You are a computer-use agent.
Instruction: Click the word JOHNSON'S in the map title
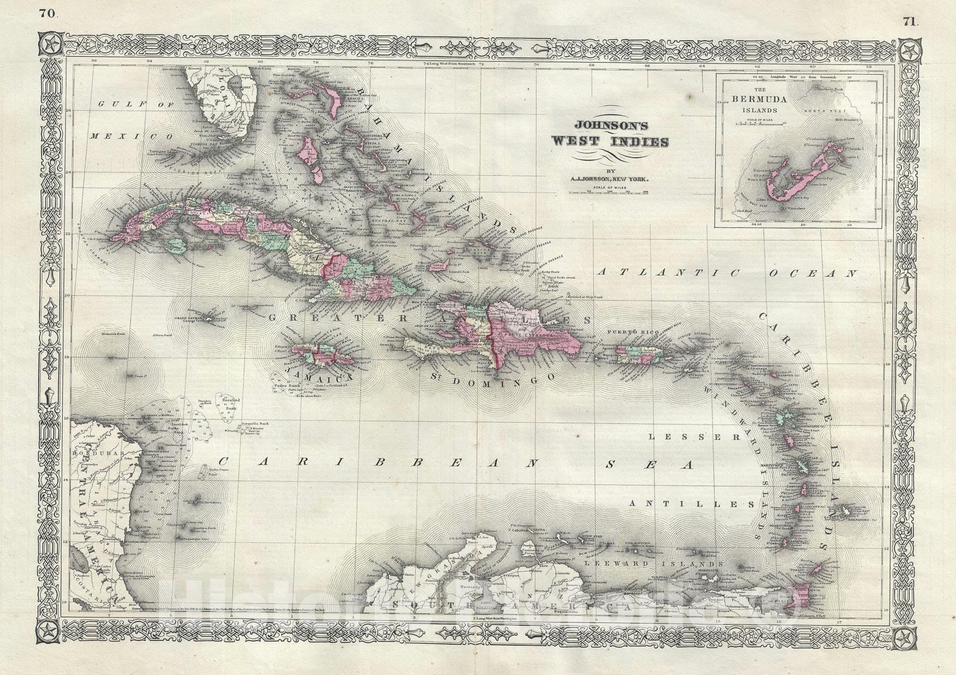click(x=606, y=127)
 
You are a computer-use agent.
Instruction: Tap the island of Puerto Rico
click(x=640, y=355)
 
